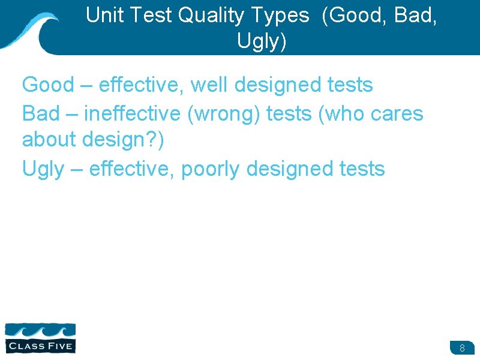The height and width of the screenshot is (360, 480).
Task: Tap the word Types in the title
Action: (x=277, y=16)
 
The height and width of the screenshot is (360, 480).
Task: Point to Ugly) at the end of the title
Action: (x=262, y=41)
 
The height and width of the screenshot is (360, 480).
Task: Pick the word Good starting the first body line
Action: (x=47, y=85)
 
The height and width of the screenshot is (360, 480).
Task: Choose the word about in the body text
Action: (x=50, y=140)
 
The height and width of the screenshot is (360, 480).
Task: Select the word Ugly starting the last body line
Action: (x=42, y=169)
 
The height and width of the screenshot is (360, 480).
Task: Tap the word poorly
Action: (x=211, y=169)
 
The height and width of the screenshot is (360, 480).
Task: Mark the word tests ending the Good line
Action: (x=349, y=85)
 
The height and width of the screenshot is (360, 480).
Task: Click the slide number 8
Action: (x=462, y=348)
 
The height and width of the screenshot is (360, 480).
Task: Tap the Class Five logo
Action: (x=40, y=338)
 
